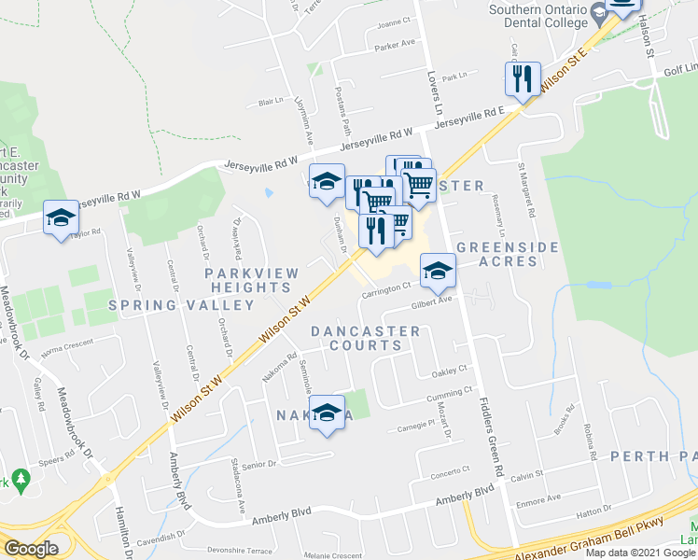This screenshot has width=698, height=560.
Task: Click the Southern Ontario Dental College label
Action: [539, 16]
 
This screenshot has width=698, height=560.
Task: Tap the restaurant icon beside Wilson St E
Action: [523, 78]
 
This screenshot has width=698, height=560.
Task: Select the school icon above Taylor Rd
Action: [61, 218]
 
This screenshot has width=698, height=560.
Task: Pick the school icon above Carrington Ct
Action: [437, 271]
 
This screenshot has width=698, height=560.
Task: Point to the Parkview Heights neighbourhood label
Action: [252, 280]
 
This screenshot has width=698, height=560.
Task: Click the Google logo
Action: [31, 550]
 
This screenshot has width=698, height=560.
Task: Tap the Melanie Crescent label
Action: [332, 555]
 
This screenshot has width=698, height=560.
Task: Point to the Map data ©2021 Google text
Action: [639, 553]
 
